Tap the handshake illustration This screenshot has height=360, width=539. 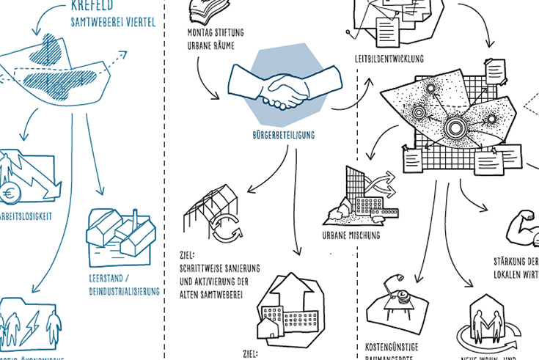tap(286, 88)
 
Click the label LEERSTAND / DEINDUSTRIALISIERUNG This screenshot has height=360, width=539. tap(122, 284)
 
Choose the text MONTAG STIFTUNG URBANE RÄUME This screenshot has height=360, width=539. tap(216, 39)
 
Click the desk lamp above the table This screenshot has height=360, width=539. tap(398, 280)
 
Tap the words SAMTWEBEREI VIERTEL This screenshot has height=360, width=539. tap(113, 23)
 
